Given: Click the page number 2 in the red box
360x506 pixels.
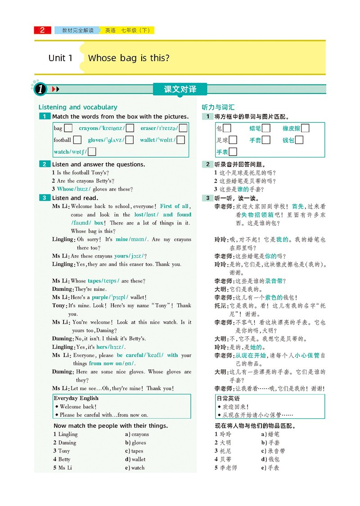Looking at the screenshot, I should (42, 31).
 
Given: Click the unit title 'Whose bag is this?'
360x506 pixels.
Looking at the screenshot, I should (129, 58).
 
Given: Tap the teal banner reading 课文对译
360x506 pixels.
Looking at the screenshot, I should (180, 89).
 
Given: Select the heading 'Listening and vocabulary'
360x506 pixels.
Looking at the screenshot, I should (78, 107).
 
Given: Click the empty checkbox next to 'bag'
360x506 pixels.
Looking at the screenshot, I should (68, 128).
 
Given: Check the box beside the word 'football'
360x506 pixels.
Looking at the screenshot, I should (77, 140).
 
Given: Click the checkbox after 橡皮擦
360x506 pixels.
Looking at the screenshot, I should (305, 128).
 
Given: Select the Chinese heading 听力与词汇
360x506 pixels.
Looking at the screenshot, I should (218, 107).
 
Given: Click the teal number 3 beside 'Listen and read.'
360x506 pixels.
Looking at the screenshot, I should (45, 198).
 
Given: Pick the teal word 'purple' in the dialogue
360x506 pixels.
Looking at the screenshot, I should (100, 297).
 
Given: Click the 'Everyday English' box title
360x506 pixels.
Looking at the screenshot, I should (76, 398).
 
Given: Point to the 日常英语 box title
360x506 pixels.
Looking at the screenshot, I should (228, 399).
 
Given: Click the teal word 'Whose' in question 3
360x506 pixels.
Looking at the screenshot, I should (65, 189).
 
